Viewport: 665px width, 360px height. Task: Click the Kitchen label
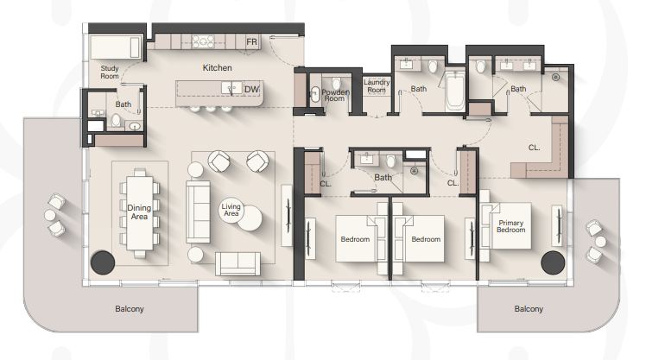pyautogui.click(x=217, y=68)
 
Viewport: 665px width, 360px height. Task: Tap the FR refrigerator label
pyautogui.click(x=251, y=42)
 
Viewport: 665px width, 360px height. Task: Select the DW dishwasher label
pyautogui.click(x=251, y=89)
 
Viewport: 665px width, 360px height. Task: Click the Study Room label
pyautogui.click(x=110, y=72)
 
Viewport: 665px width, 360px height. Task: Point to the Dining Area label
pyautogui.click(x=139, y=212)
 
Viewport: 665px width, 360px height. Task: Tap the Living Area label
pyautogui.click(x=231, y=210)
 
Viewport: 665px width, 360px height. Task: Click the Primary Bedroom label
pyautogui.click(x=511, y=226)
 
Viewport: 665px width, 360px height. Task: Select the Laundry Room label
pyautogui.click(x=377, y=86)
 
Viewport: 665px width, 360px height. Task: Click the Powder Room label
pyautogui.click(x=335, y=95)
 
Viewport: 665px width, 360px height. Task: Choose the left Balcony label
pyautogui.click(x=130, y=309)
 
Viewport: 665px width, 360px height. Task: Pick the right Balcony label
pyautogui.click(x=529, y=309)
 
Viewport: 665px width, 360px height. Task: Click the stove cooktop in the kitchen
pyautogui.click(x=203, y=41)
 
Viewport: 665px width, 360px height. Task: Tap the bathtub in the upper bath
pyautogui.click(x=455, y=91)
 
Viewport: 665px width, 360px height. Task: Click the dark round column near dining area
pyautogui.click(x=103, y=262)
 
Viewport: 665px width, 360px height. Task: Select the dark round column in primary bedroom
pyautogui.click(x=553, y=262)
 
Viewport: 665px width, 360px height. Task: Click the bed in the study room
pyautogui.click(x=116, y=47)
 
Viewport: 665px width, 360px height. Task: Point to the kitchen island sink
pyautogui.click(x=231, y=88)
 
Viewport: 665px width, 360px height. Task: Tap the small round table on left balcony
pyautogui.click(x=50, y=215)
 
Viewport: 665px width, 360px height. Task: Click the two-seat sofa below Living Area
pyautogui.click(x=237, y=264)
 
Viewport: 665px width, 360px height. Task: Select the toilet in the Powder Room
pyautogui.click(x=336, y=83)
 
